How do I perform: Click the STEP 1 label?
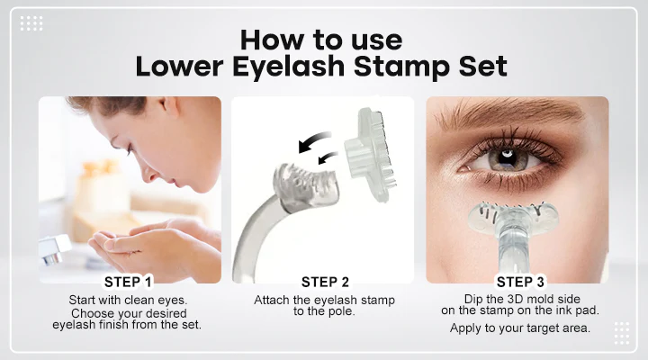(x=128, y=282)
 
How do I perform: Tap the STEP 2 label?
(x=325, y=282)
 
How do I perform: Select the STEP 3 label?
(x=520, y=282)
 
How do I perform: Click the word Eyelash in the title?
(x=288, y=66)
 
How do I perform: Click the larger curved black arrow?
(x=314, y=141)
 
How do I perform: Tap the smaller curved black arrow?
(x=328, y=157)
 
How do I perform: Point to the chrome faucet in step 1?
(x=54, y=248)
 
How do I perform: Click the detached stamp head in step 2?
(x=371, y=155)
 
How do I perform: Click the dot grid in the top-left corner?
(x=31, y=23)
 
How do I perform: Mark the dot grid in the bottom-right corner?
(x=622, y=333)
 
